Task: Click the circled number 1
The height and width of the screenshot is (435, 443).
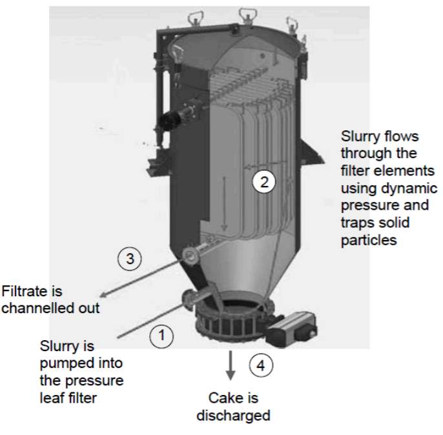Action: click(162, 334)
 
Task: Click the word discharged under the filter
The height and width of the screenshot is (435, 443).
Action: click(234, 415)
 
